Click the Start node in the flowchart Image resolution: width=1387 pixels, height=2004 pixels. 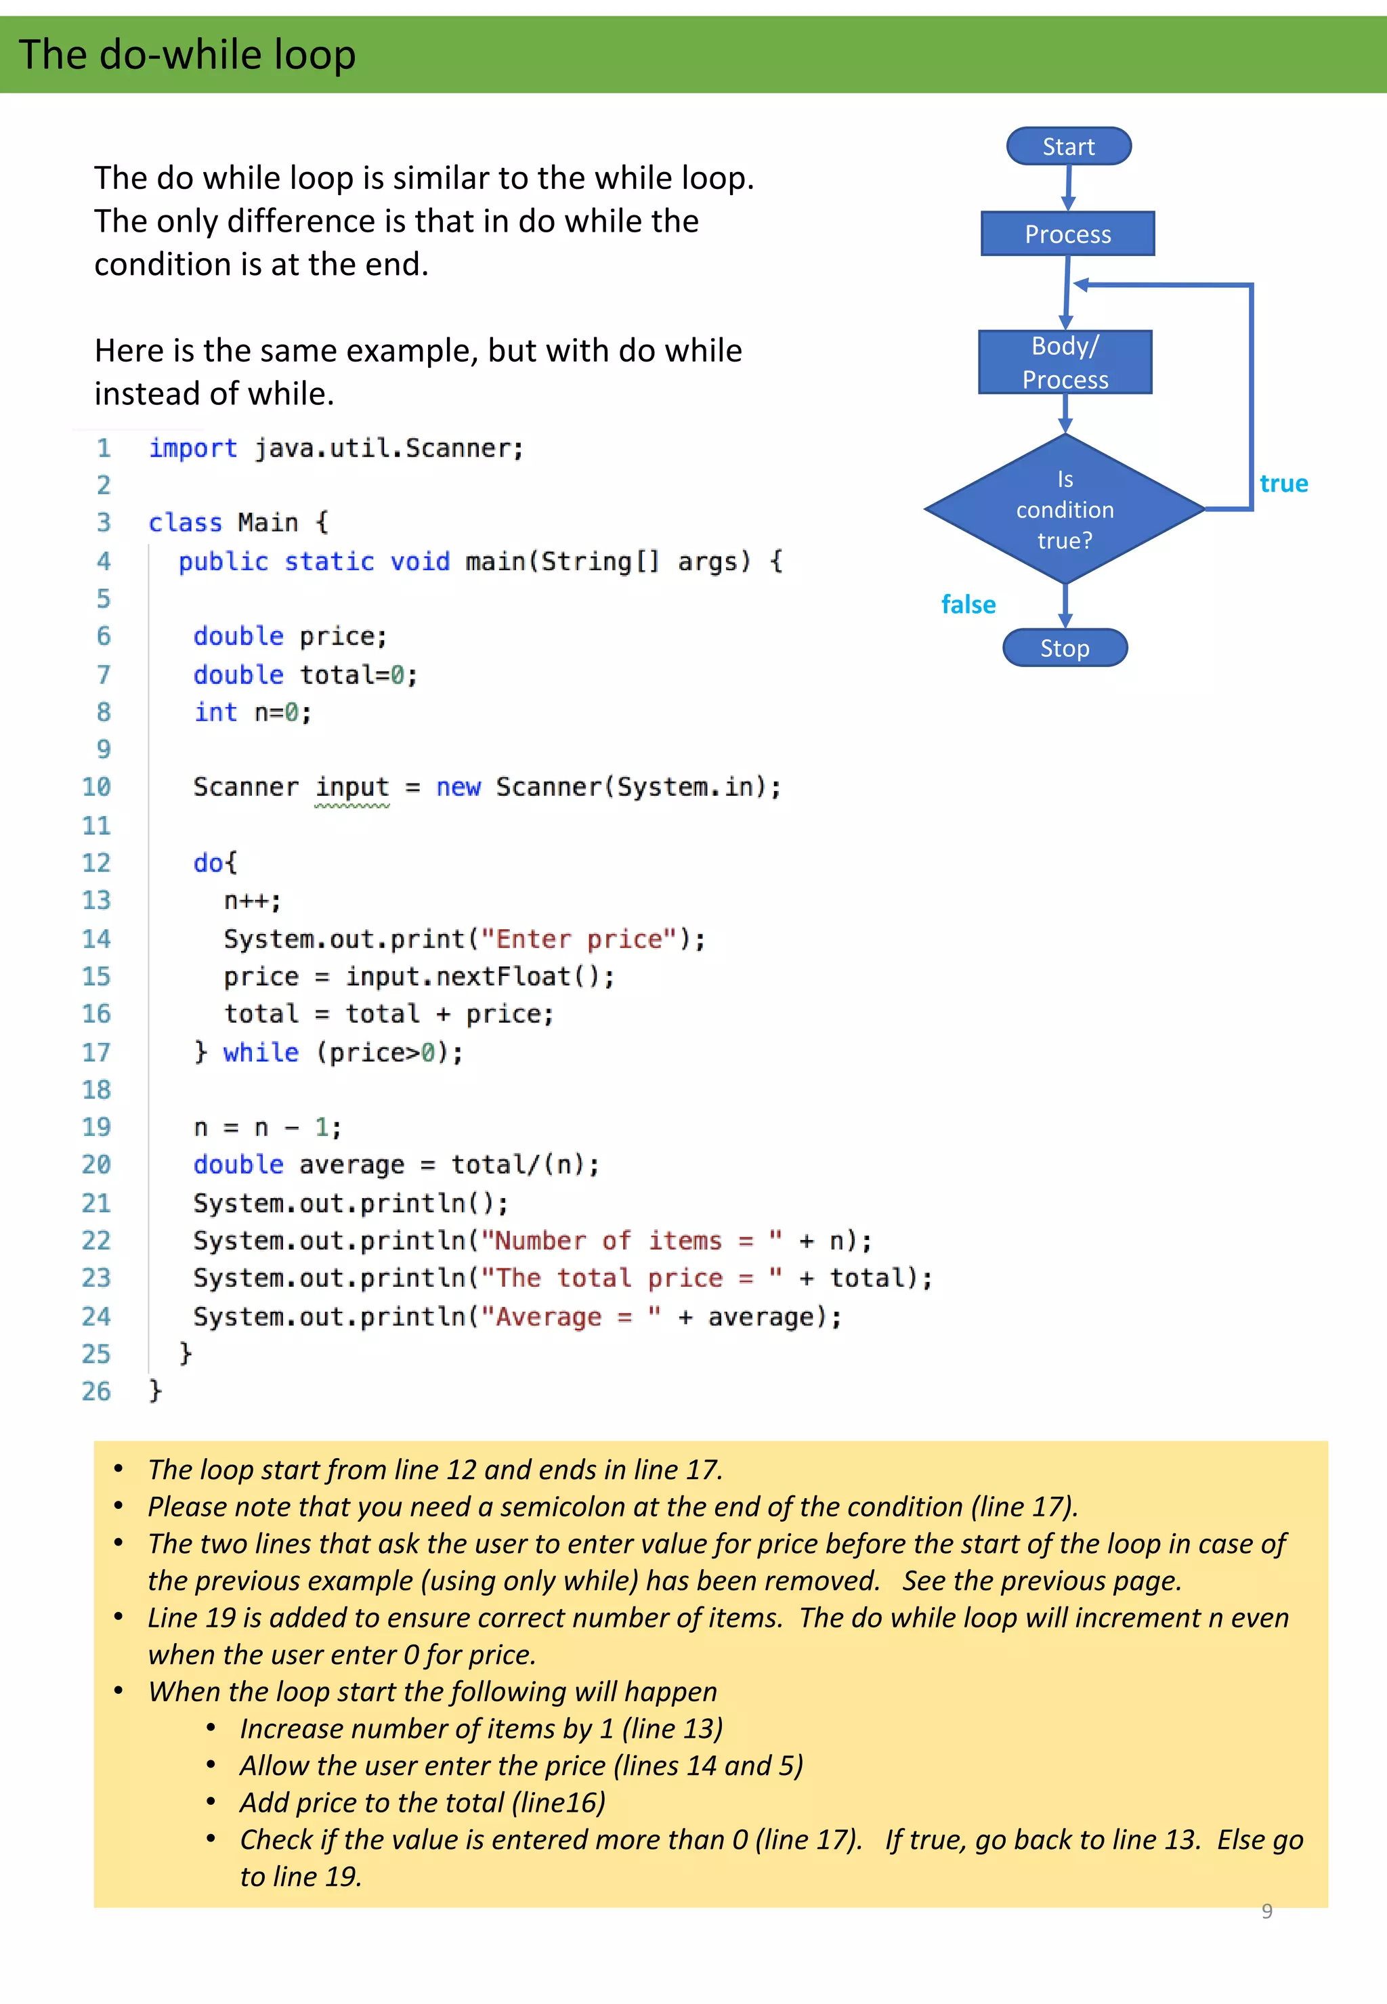pyautogui.click(x=1068, y=146)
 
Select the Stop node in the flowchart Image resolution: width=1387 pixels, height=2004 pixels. pyautogui.click(x=1065, y=648)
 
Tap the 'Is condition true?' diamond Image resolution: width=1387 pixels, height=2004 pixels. pyautogui.click(x=1065, y=509)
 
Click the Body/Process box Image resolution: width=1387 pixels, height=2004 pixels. pyautogui.click(x=1065, y=362)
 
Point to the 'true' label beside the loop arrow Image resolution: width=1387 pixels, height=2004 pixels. pyautogui.click(x=1283, y=484)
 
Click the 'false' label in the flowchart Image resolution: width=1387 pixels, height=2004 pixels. pyautogui.click(x=968, y=605)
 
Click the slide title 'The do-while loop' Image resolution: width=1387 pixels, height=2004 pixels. pyautogui.click(x=187, y=55)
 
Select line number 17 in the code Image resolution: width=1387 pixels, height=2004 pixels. pyautogui.click(x=96, y=1052)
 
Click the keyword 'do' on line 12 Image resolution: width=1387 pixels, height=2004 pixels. pyautogui.click(x=209, y=863)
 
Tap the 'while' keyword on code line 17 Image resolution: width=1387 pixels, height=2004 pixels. pyautogui.click(x=261, y=1052)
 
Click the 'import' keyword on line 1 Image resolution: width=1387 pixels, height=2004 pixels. pyautogui.click(x=192, y=448)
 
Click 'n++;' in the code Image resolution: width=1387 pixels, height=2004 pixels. pyautogui.click(x=252, y=901)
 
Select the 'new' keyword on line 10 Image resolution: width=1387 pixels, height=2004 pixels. pyautogui.click(x=458, y=788)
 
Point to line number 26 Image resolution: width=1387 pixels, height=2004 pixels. pyautogui.click(x=96, y=1391)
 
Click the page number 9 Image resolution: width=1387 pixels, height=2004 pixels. pyautogui.click(x=1267, y=1911)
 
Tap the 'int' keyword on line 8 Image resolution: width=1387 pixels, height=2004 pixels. pyautogui.click(x=215, y=712)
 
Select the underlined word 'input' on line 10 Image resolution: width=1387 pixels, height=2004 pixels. pyautogui.click(x=352, y=788)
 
